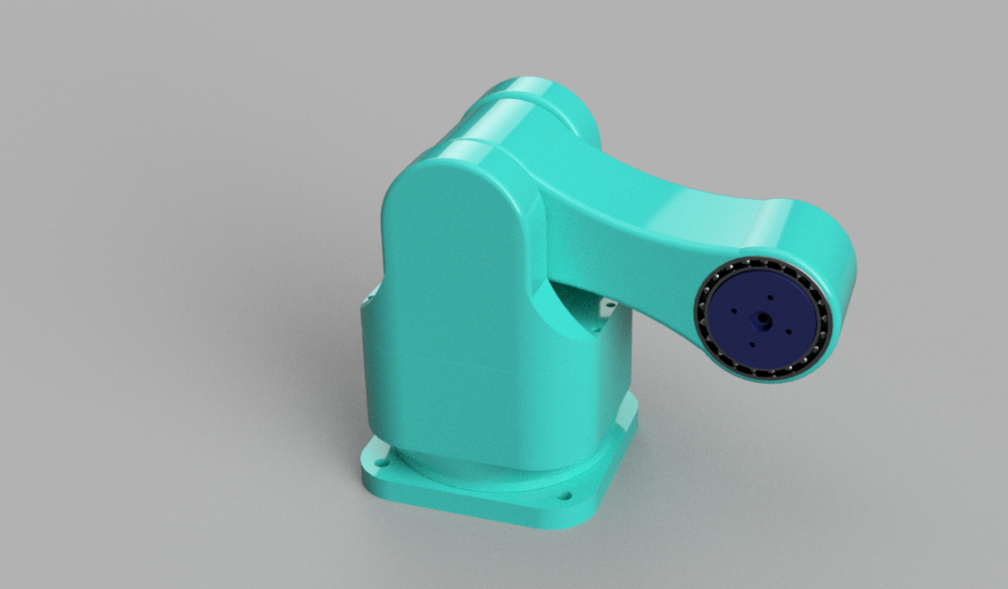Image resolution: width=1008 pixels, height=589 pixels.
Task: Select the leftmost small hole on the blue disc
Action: pos(732,311)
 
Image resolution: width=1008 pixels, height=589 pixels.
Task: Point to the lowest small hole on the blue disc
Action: pos(752,344)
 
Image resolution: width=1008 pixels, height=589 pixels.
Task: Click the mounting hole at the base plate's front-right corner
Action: pos(563,494)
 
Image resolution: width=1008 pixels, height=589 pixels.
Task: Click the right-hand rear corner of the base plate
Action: pos(632,411)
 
